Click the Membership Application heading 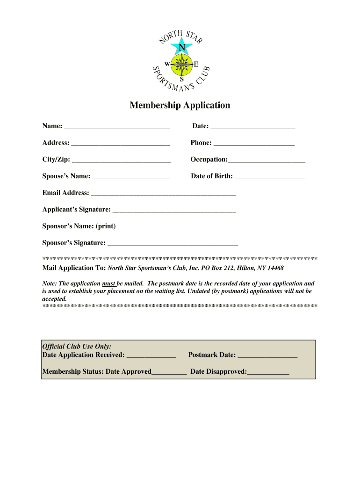(x=180, y=105)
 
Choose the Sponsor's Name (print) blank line (x=178, y=228)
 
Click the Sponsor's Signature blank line (x=173, y=244)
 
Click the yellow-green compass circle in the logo (x=182, y=64)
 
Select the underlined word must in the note (x=108, y=283)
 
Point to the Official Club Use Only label (x=77, y=347)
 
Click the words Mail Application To (x=74, y=268)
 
